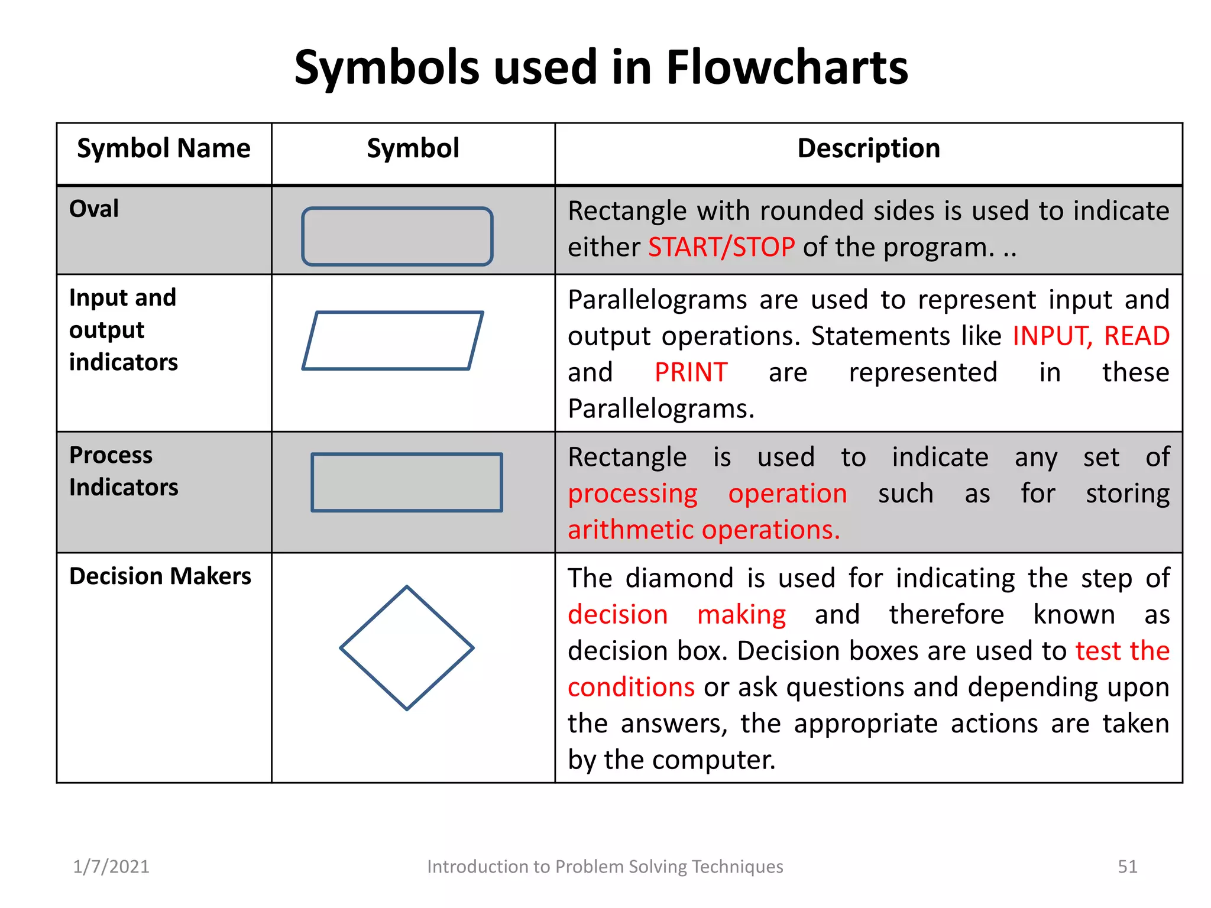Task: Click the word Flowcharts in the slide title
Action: [x=786, y=67]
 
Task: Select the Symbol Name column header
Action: [x=164, y=148]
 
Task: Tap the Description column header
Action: [x=868, y=148]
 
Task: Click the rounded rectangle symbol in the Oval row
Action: [x=397, y=236]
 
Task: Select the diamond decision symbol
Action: [x=407, y=648]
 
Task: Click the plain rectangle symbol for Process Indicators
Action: [x=407, y=482]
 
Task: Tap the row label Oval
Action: [x=94, y=209]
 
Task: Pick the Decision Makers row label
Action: [x=160, y=576]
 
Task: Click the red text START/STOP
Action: [x=721, y=247]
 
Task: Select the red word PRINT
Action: [x=691, y=372]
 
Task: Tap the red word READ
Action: [x=1136, y=336]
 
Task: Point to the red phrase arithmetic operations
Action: [x=704, y=530]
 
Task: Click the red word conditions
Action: [x=631, y=688]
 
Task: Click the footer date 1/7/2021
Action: [x=111, y=867]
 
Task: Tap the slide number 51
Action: [x=1127, y=867]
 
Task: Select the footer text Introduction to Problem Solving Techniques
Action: [x=605, y=867]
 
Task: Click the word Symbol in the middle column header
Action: [x=413, y=148]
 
